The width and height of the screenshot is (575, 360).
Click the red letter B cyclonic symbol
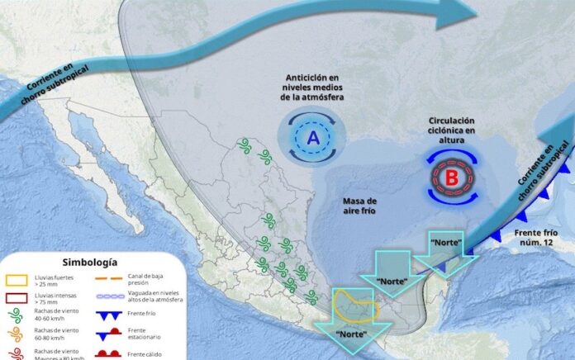(451, 176)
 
